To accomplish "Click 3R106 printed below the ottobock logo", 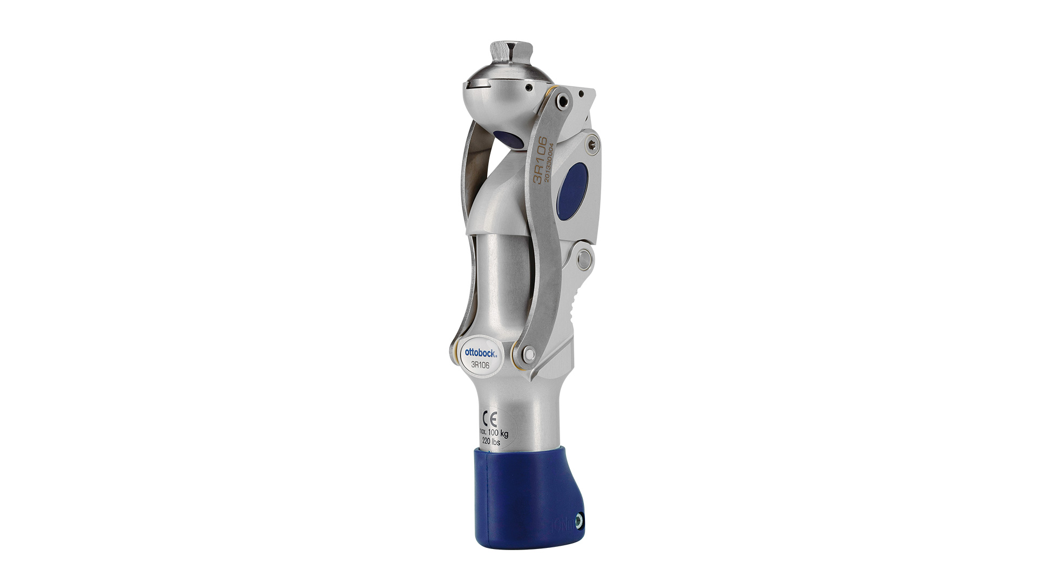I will [480, 364].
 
